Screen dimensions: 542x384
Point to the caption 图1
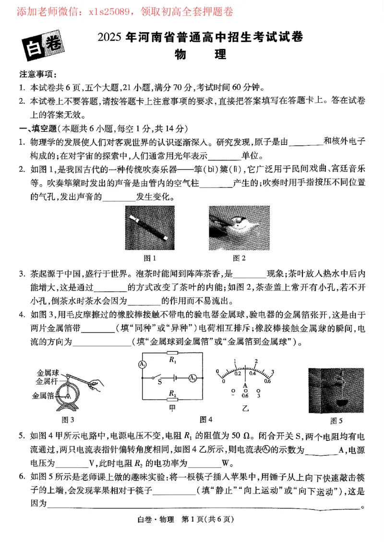tap(150, 259)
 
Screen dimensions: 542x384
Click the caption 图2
tap(239, 259)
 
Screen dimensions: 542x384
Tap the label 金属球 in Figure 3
tap(47, 373)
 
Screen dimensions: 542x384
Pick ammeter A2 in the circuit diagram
tap(192, 377)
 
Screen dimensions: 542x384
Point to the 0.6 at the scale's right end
tap(267, 382)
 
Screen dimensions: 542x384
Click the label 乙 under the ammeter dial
tap(245, 408)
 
